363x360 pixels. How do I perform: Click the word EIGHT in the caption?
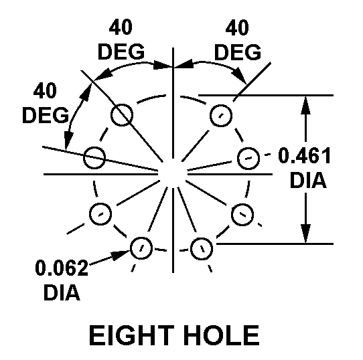point(131,335)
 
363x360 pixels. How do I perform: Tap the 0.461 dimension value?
point(304,156)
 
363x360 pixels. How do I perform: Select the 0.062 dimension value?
point(62,268)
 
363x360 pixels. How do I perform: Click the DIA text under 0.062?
point(62,292)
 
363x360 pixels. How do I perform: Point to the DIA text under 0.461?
point(308,180)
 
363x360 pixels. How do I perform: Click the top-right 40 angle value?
point(237,27)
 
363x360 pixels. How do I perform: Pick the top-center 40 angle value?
point(121,27)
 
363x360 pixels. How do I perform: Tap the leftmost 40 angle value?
point(45,90)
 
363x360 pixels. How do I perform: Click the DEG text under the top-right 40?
point(238,52)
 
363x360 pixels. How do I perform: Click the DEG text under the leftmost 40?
point(46,115)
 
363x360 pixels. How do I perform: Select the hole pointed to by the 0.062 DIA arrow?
point(141,248)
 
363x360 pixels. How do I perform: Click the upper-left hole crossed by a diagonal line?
point(122,115)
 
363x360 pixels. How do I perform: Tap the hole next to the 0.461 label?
point(248,159)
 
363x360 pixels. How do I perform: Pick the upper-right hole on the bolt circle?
point(221,116)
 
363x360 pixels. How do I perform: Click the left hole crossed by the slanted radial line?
point(94,157)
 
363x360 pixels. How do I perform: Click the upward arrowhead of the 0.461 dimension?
point(305,105)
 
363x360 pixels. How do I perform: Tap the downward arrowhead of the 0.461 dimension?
point(305,234)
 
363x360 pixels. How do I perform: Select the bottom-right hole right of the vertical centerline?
point(202,249)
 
